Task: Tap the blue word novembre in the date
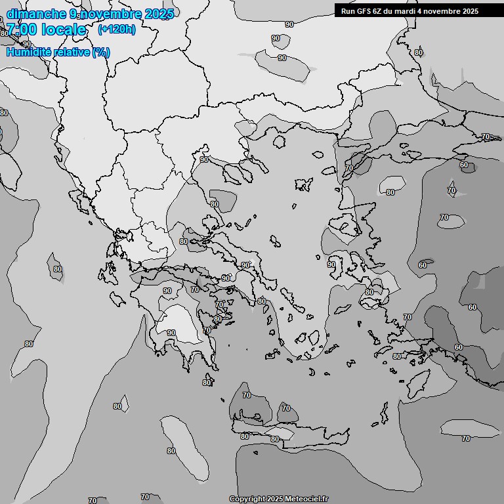[x=114, y=14]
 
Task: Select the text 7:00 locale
[x=47, y=30]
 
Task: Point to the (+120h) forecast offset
[x=116, y=30]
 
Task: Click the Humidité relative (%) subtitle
[x=58, y=52]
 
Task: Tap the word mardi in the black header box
[x=412, y=11]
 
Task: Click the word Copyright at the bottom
[x=248, y=499]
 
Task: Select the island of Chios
[x=339, y=262]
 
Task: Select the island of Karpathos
[x=384, y=413]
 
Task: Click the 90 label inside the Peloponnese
[x=171, y=333]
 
